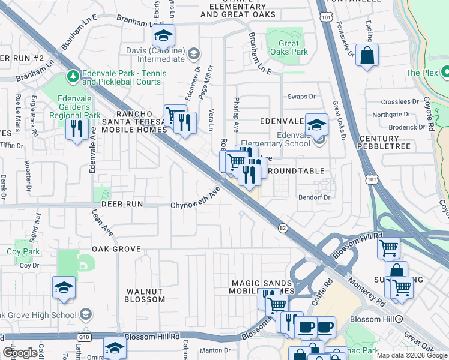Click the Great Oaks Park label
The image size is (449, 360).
[289, 47]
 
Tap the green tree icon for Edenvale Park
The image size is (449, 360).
[73, 76]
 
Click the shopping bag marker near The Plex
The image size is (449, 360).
[367, 56]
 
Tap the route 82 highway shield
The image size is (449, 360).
[282, 227]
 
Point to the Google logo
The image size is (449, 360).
[20, 353]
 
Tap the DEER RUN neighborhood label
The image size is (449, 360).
[122, 204]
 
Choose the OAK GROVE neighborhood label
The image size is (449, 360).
[116, 248]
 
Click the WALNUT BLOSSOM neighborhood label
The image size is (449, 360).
[145, 295]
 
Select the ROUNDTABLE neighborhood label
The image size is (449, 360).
[295, 171]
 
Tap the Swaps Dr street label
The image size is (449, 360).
[301, 97]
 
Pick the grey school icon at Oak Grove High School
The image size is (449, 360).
[85, 314]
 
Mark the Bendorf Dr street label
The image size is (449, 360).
[316, 197]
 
